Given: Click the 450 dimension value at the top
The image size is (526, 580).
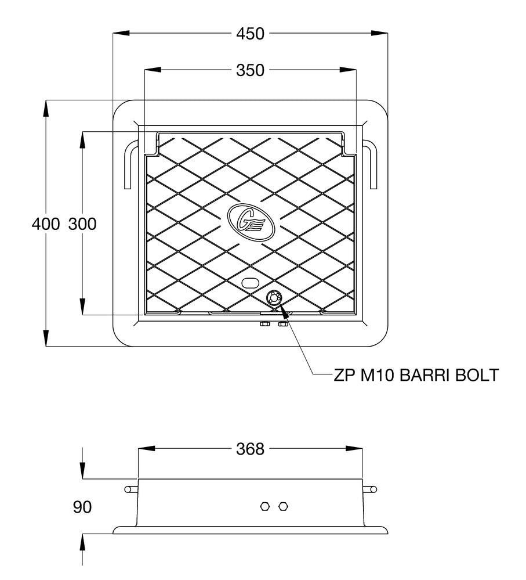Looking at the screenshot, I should click(x=250, y=34).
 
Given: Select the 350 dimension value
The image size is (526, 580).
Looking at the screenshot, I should click(x=250, y=70).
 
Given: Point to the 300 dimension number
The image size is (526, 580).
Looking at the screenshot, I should click(x=82, y=224).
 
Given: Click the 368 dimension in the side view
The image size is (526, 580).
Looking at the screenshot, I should click(x=250, y=449).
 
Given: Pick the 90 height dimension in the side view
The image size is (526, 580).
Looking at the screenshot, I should click(x=82, y=507).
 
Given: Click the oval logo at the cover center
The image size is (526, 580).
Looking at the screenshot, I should click(x=250, y=221).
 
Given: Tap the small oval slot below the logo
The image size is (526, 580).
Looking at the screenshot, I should click(x=250, y=283).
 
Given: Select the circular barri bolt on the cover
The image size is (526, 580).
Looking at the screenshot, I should click(x=273, y=298).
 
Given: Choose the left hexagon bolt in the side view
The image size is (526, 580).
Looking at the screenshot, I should click(x=264, y=506).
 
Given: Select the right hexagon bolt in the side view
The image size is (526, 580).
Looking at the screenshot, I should click(x=283, y=506).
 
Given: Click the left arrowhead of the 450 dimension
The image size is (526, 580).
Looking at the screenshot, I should click(x=119, y=34).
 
